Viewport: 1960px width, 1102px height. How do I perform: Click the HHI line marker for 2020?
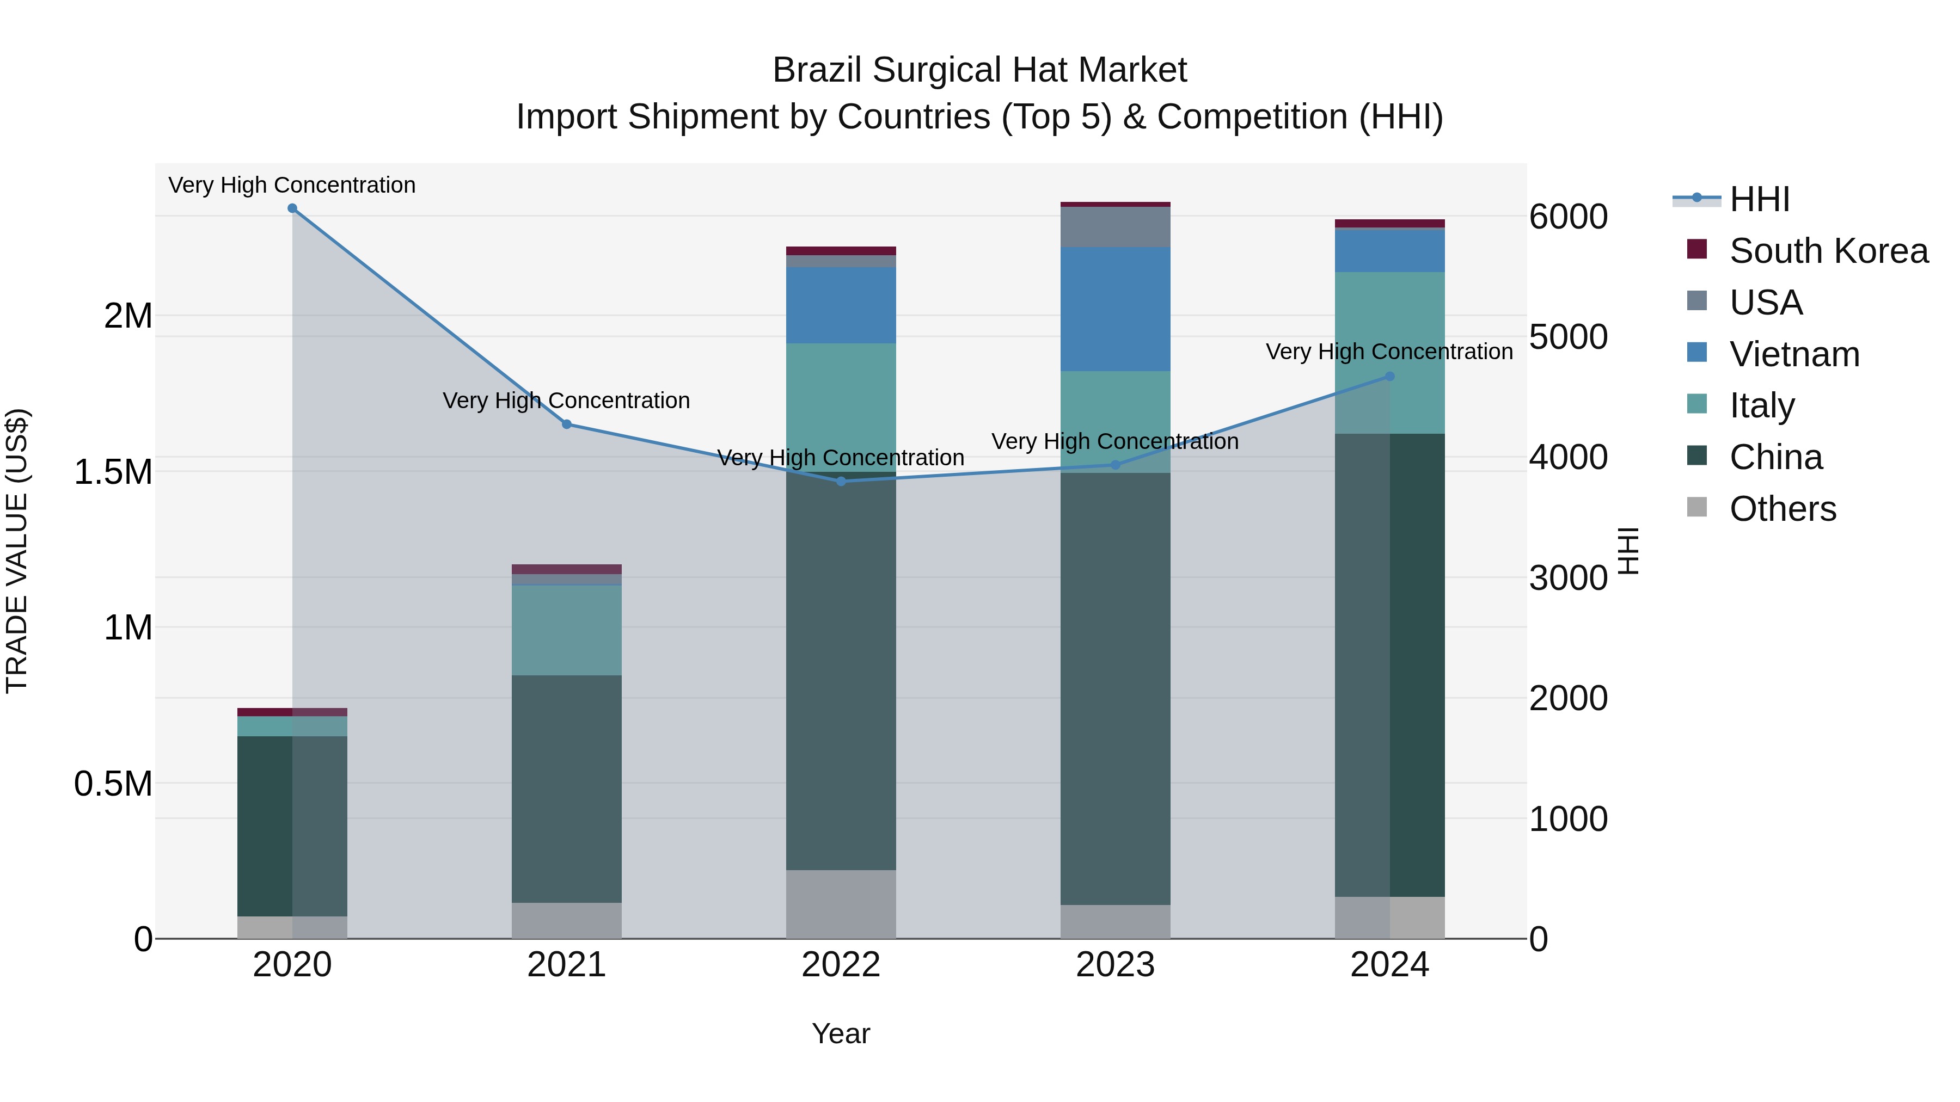292,208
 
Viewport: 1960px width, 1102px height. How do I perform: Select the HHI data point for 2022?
841,482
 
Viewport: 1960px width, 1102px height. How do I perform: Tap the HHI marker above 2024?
1389,377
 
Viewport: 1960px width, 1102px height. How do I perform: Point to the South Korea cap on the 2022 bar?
841,251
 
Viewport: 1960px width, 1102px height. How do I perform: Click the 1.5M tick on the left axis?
113,472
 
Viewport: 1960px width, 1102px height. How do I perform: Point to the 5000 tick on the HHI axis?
1568,337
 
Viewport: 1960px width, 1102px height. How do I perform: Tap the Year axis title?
841,1033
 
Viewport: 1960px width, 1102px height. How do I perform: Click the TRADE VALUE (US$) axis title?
17,551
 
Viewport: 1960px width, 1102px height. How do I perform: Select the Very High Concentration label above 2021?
566,401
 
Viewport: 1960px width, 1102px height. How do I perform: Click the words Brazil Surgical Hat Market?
979,70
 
